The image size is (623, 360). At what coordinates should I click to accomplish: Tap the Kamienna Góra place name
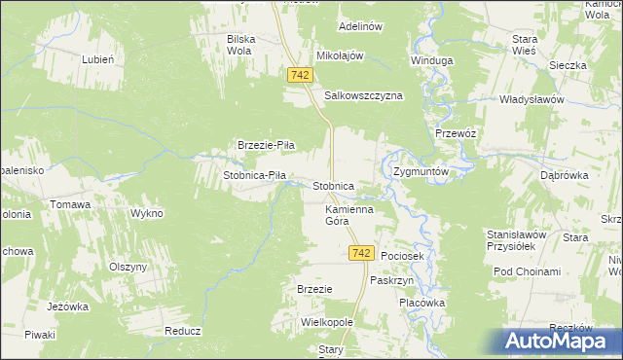pyautogui.click(x=349, y=215)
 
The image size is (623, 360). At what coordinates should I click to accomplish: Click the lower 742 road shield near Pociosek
pyautogui.click(x=360, y=253)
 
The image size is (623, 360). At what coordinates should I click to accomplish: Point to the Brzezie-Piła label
pyautogui.click(x=267, y=145)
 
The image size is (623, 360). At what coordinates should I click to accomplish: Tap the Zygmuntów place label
pyautogui.click(x=421, y=170)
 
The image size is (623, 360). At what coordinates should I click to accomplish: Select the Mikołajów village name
pyautogui.click(x=340, y=55)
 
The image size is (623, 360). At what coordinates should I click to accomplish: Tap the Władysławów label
pyautogui.click(x=531, y=99)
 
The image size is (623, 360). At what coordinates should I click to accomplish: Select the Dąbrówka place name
pyautogui.click(x=561, y=176)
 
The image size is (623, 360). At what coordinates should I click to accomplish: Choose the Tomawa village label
pyautogui.click(x=71, y=204)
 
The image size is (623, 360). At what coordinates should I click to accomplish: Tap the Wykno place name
pyautogui.click(x=147, y=212)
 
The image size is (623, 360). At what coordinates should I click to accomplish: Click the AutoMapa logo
pyautogui.click(x=557, y=341)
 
